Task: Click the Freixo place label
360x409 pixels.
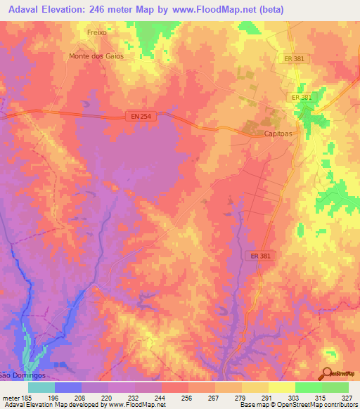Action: tap(98, 32)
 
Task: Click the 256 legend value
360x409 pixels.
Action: tap(187, 397)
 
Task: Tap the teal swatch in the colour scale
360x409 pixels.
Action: tap(41, 387)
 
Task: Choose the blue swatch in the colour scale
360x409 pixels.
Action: tap(68, 387)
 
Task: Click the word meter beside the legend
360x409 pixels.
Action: tap(11, 397)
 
